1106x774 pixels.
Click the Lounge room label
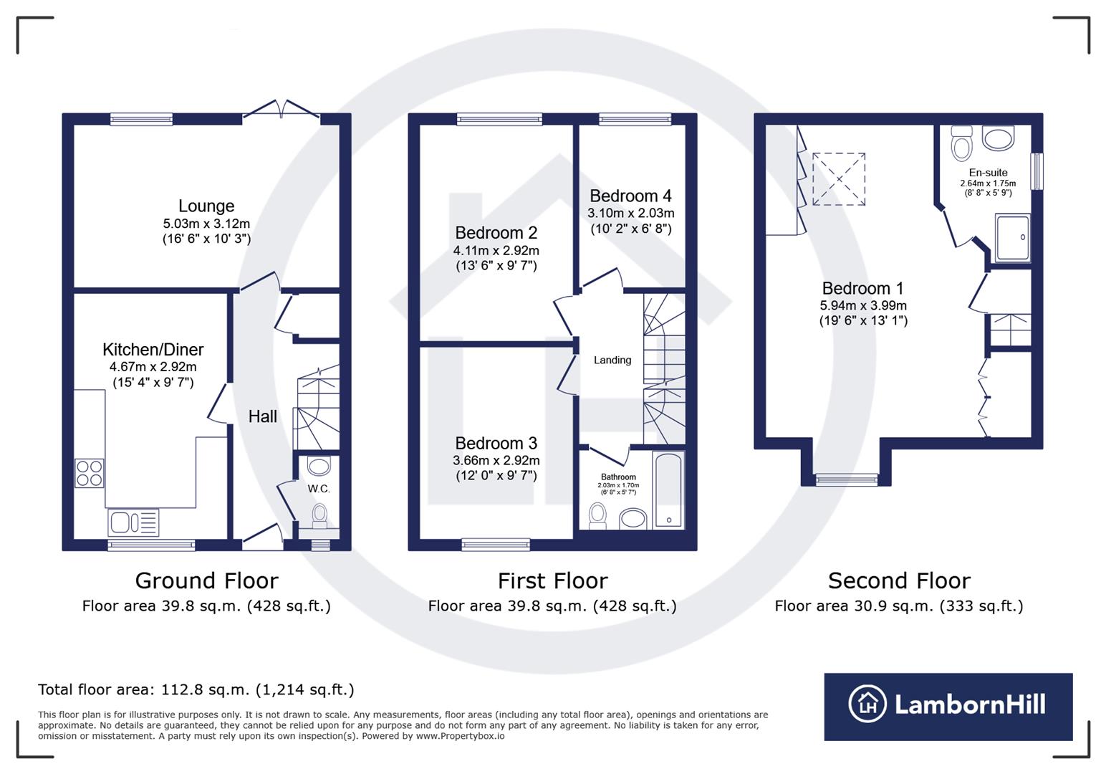coord(206,206)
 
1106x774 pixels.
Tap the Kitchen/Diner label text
coord(153,350)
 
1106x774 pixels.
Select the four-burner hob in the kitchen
coord(90,473)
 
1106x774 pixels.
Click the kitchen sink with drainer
coord(133,522)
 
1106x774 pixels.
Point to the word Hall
coord(262,416)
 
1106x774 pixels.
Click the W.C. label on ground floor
coord(319,489)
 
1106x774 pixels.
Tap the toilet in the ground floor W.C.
coord(319,514)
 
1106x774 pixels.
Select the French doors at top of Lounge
coord(282,110)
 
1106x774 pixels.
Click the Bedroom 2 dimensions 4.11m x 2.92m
coord(496,251)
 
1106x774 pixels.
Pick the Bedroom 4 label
coord(630,196)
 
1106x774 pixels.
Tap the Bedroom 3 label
coord(496,444)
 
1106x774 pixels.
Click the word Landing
coord(612,360)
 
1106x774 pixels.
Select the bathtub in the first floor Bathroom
coord(668,490)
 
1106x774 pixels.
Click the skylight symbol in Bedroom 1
coord(838,179)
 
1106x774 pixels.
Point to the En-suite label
coord(988,173)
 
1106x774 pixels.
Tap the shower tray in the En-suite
coord(1012,237)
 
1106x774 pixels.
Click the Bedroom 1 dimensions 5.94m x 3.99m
coord(863,305)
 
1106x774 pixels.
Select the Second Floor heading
coord(899,580)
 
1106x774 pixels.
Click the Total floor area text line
coord(196,690)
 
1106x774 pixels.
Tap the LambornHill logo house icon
coord(867,704)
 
